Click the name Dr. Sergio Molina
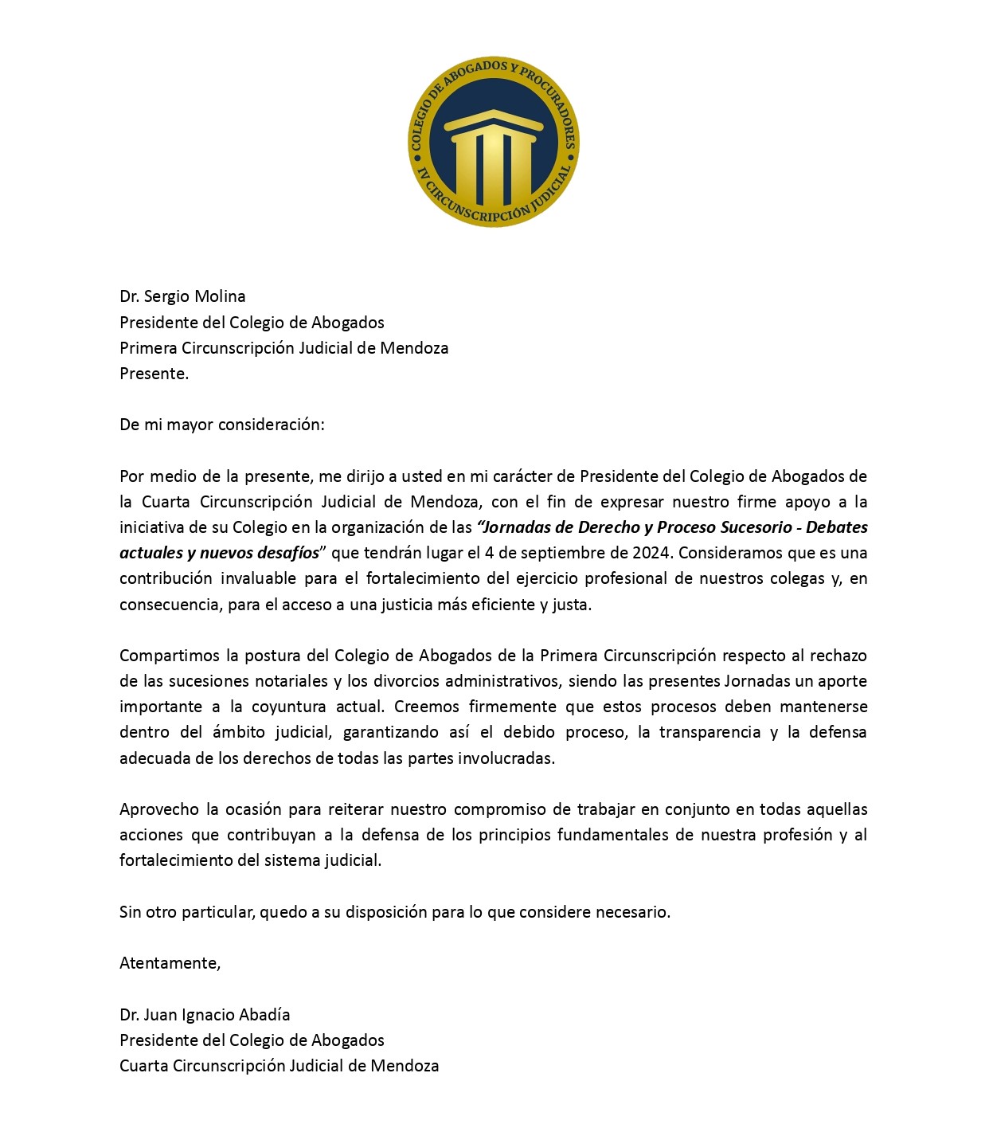(x=182, y=296)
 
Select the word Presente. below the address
(x=154, y=374)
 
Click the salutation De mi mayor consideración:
(x=222, y=425)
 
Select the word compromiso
(x=499, y=809)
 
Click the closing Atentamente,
(x=170, y=963)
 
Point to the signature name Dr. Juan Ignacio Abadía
(x=205, y=1015)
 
